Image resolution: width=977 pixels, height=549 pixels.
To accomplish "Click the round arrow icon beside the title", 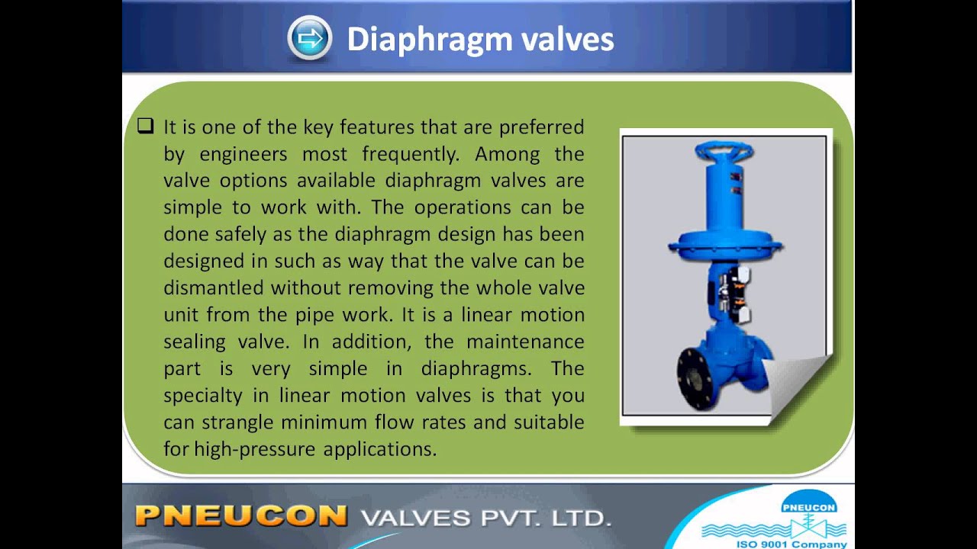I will coord(309,38).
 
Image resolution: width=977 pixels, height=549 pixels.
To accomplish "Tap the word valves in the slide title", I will coord(567,40).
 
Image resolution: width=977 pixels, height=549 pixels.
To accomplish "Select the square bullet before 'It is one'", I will coord(146,127).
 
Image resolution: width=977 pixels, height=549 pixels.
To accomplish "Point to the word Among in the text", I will coord(507,154).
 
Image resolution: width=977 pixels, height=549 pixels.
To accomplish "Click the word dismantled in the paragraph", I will coord(214,288).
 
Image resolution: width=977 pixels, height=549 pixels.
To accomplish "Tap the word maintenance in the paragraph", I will coord(525,342).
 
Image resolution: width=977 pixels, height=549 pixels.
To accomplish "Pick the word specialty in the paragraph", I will coord(199,395).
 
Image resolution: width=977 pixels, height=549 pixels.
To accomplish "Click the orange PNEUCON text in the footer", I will coord(241,516).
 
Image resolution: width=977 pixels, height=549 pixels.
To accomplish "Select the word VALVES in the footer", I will coord(415,518).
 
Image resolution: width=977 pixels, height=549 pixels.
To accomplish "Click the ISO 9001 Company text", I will coord(791,544).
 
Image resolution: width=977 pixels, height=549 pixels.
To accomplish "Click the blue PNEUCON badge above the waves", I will coord(808,505).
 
